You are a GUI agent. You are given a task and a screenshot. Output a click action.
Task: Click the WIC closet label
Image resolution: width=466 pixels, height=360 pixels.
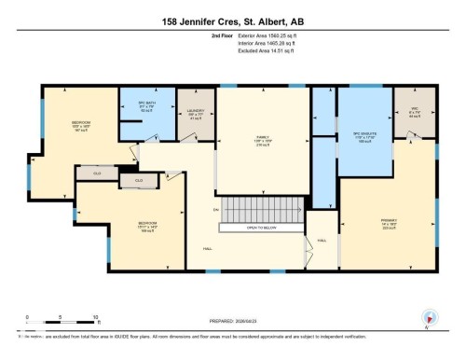[x=414, y=110]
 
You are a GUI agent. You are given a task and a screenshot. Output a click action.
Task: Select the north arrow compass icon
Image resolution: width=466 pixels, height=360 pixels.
[x=429, y=318]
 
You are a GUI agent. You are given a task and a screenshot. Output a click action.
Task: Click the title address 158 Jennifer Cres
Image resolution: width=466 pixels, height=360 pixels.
[x=233, y=16]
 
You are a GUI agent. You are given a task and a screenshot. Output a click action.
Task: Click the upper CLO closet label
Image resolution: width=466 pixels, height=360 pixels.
[x=96, y=173]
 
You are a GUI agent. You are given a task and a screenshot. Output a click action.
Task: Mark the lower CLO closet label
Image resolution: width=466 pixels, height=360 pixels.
[x=138, y=180]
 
